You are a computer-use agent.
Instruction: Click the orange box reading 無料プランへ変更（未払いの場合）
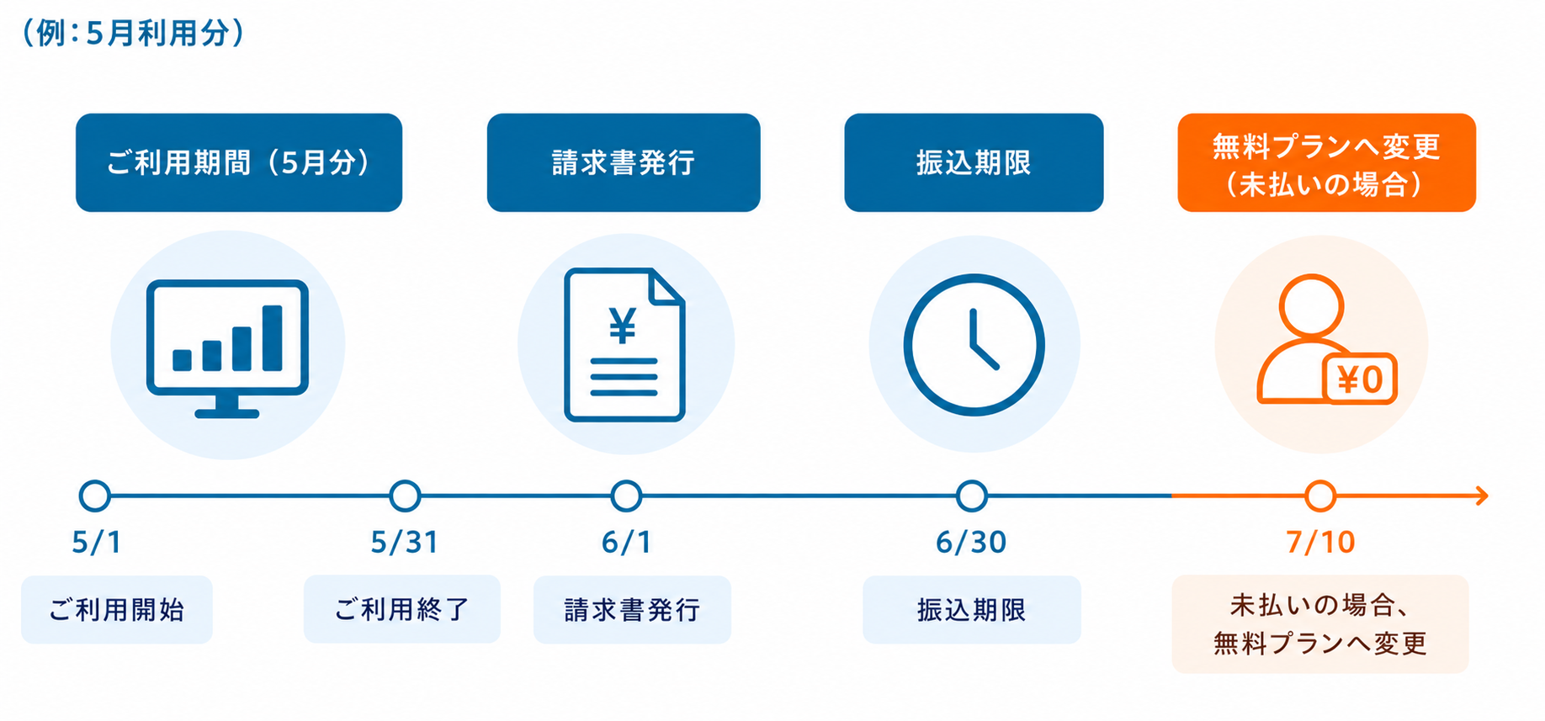pos(1326,162)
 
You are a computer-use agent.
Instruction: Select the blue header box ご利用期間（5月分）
pos(239,162)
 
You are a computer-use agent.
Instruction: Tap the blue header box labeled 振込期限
pos(974,162)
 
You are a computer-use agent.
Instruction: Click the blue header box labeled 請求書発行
pos(624,162)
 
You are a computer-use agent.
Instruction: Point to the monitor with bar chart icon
pos(227,348)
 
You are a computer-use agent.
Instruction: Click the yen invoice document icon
pos(624,344)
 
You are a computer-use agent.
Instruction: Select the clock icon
pos(974,345)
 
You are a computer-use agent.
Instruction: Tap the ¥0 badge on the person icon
pos(1360,379)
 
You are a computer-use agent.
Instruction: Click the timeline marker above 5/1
pos(95,496)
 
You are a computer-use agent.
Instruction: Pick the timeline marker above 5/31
pos(405,496)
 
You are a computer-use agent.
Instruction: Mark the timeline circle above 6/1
pos(626,496)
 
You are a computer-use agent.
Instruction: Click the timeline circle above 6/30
pos(972,496)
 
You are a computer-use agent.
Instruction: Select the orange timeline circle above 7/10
pos(1320,496)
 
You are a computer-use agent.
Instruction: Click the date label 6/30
pos(971,543)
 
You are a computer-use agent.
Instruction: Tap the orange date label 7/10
pos(1320,543)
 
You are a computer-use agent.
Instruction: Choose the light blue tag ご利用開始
pos(117,610)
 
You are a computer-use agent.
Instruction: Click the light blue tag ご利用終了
pos(402,609)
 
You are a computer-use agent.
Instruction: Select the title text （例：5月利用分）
pos(133,33)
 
